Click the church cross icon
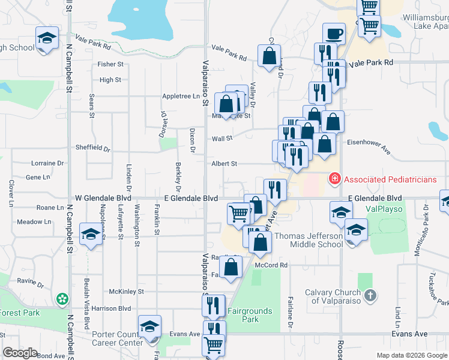pyautogui.click(x=370, y=295)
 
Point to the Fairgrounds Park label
pyautogui.click(x=250, y=315)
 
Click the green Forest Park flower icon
pyautogui.click(x=62, y=299)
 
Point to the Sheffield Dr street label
pyautogui.click(x=93, y=148)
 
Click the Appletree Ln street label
pyautogui.click(x=180, y=96)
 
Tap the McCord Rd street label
pyautogui.click(x=271, y=265)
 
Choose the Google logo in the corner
pyautogui.click(x=20, y=353)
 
